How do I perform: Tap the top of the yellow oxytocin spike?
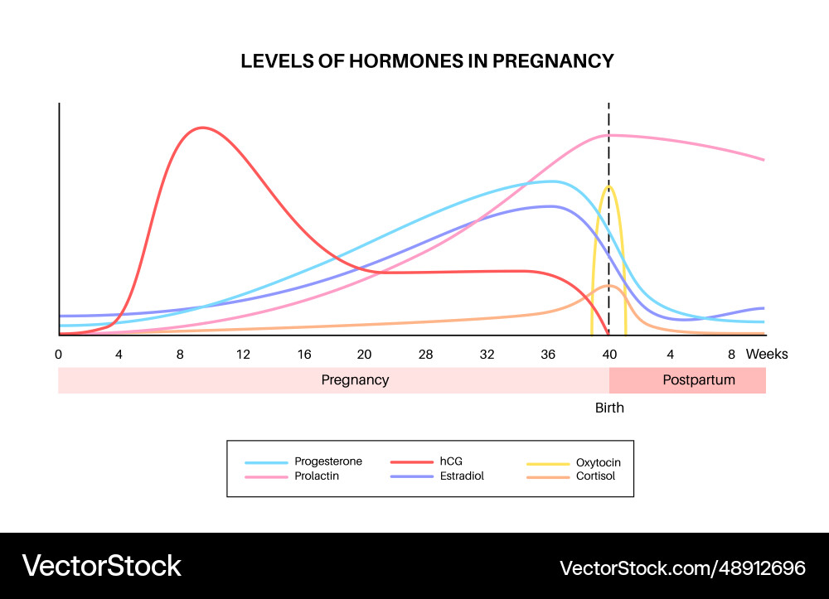(x=609, y=187)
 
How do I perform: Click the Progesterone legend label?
(x=329, y=461)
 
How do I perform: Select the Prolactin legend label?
(x=318, y=476)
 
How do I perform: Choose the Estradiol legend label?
(x=462, y=476)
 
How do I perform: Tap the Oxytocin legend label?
(x=598, y=462)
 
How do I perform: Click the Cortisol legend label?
(x=595, y=476)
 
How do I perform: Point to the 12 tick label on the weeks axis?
(x=243, y=354)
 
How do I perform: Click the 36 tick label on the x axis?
(x=548, y=354)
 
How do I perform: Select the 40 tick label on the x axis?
(x=609, y=354)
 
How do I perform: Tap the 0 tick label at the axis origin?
(x=59, y=354)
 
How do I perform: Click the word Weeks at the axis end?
(x=767, y=354)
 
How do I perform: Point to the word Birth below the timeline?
(x=609, y=408)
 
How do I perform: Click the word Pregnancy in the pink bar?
(x=355, y=380)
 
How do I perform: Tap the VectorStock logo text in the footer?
(x=102, y=566)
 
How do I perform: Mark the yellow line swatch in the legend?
(x=548, y=462)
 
